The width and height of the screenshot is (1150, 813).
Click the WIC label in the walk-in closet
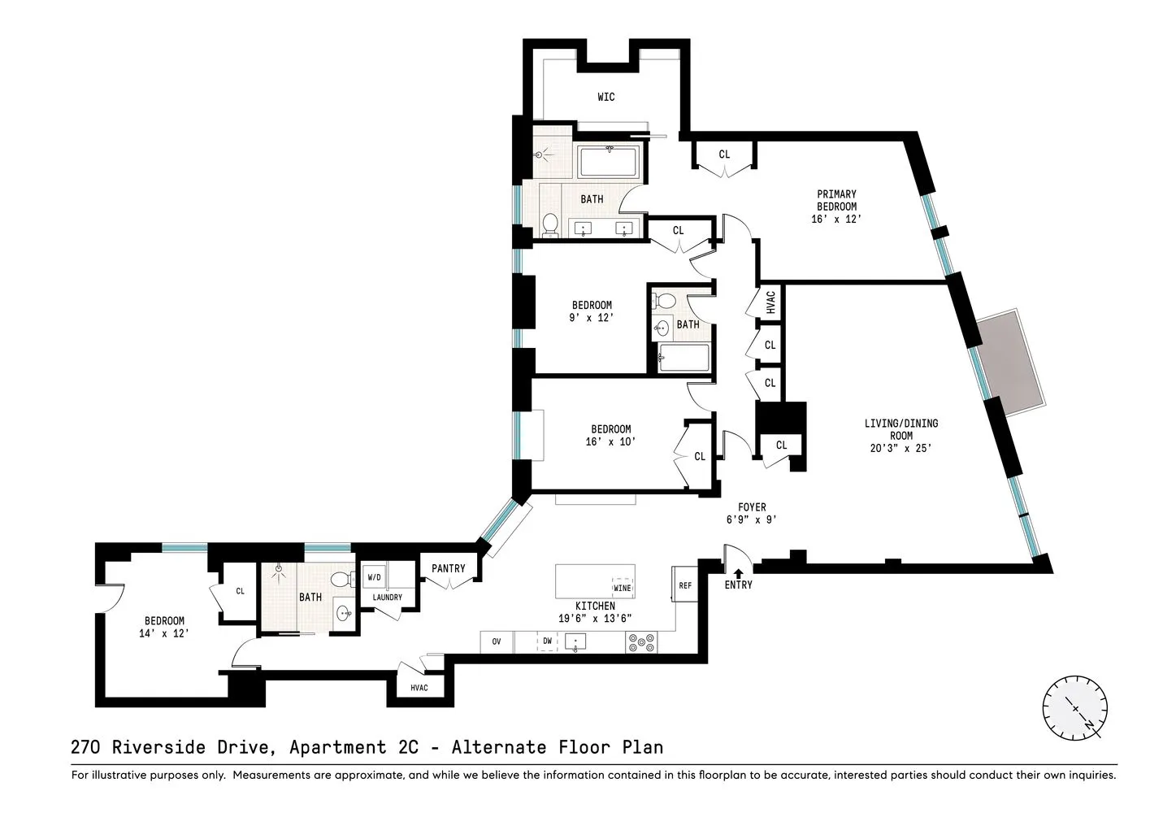tap(605, 97)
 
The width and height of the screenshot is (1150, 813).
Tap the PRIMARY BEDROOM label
tap(836, 201)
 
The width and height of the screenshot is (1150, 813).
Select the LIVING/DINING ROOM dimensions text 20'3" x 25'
tap(900, 448)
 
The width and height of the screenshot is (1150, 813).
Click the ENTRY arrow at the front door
tap(738, 573)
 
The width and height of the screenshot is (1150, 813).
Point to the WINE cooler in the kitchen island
tap(622, 587)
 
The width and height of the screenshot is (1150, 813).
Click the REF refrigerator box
tap(685, 585)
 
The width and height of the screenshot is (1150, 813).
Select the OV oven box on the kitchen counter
tap(496, 641)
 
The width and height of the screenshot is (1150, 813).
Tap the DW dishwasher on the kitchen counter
tap(547, 641)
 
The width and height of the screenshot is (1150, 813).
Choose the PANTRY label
tap(448, 568)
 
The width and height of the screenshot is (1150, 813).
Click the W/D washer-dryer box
tap(374, 577)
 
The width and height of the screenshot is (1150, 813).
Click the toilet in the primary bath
tap(550, 224)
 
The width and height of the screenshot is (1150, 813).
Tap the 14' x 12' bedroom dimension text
tap(164, 633)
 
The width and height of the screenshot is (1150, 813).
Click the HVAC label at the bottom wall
tap(419, 688)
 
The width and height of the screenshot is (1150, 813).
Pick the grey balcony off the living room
tap(1011, 362)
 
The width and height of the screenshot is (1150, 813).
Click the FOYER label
tap(752, 507)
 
